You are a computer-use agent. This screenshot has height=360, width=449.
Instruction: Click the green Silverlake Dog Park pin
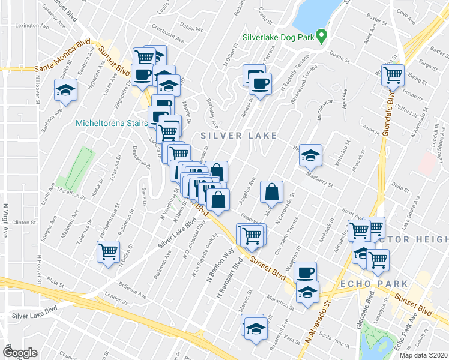(x=321, y=37)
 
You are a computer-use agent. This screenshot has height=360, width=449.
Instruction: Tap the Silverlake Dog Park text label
(x=278, y=37)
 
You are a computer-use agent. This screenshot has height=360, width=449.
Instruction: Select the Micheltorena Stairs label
(x=112, y=124)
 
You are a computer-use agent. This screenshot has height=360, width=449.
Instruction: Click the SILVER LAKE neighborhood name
(x=239, y=136)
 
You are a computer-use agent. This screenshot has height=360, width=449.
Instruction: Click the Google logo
(x=20, y=353)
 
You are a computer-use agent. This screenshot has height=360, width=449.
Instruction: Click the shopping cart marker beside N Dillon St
(x=109, y=252)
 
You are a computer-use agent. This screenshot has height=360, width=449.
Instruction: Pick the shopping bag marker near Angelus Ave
(x=272, y=193)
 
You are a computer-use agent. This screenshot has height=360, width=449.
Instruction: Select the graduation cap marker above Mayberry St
(x=310, y=155)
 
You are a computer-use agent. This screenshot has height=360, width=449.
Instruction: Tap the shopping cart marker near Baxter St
(x=393, y=76)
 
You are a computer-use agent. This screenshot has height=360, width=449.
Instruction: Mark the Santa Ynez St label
(x=334, y=341)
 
